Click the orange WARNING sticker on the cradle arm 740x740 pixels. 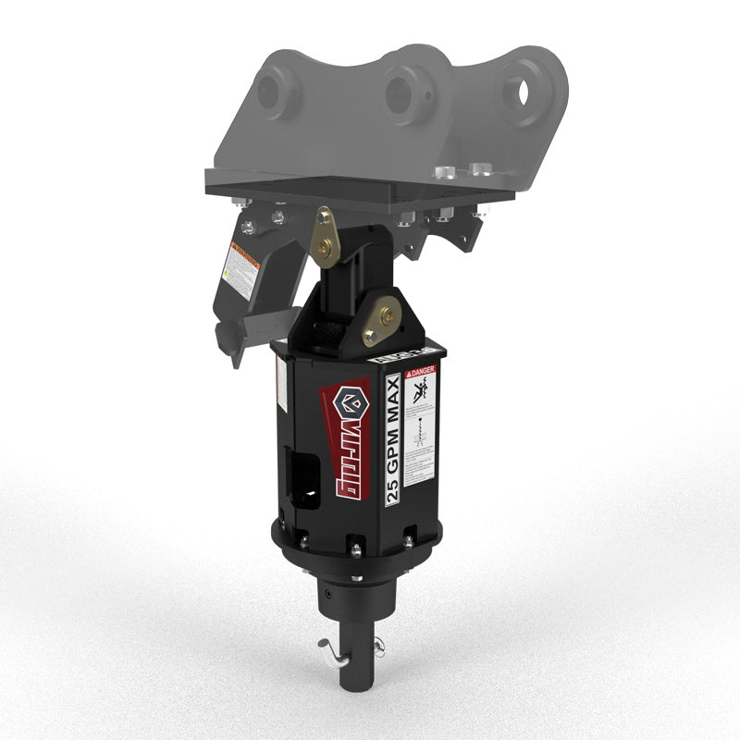point(241,268)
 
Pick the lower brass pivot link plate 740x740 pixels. point(382,316)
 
